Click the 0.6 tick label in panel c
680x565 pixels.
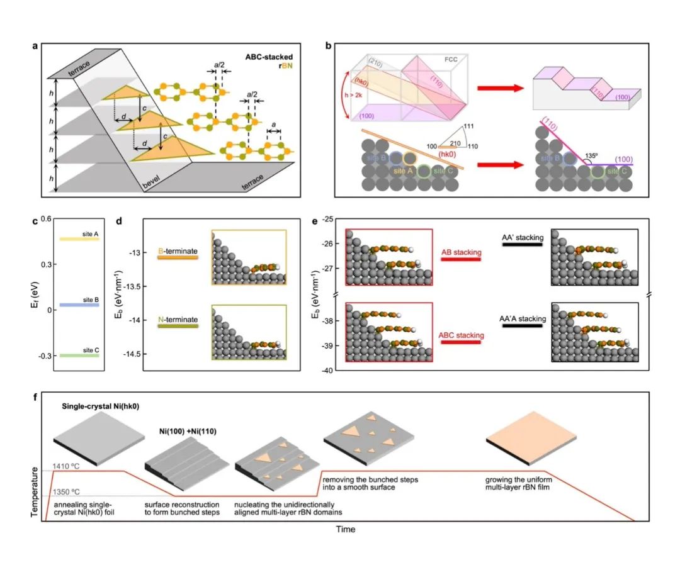[x=45, y=219]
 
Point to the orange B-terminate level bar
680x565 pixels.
[x=178, y=257]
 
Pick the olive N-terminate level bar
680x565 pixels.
[x=178, y=327]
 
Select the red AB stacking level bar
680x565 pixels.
[x=460, y=259]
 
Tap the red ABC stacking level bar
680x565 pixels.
[x=460, y=343]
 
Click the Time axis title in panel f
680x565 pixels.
[x=344, y=529]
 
